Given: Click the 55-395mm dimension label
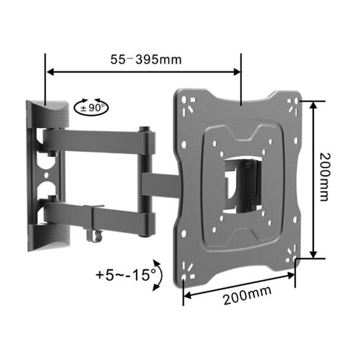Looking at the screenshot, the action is (145, 59).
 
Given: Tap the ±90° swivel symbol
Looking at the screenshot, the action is (91, 108).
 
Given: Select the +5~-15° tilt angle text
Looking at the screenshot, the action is (125, 275).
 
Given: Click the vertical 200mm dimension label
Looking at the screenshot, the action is (325, 177).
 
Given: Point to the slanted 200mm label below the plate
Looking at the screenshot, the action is (248, 295).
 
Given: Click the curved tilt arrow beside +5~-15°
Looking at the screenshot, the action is (160, 275).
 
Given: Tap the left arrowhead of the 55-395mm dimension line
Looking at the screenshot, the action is (50, 72).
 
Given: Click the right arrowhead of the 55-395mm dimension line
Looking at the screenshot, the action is (237, 72).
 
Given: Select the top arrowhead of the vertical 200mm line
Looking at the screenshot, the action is (313, 105).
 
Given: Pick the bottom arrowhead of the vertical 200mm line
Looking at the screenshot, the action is (313, 254).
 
